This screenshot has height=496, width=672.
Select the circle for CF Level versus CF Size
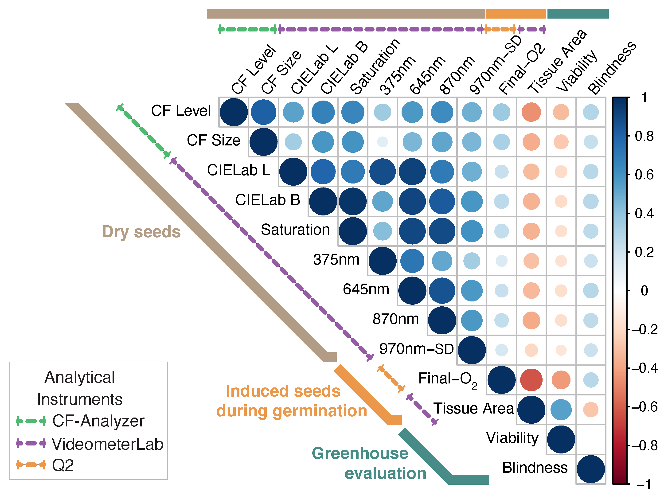(x=263, y=112)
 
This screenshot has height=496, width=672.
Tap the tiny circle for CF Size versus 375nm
(x=382, y=142)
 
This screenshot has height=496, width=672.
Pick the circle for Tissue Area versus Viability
(x=561, y=410)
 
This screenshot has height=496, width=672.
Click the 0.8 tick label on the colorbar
(x=644, y=136)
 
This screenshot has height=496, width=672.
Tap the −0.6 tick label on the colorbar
(x=644, y=407)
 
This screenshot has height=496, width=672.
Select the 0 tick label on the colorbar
(x=644, y=291)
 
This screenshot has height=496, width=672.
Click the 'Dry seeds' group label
(x=141, y=232)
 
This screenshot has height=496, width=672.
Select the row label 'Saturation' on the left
(x=295, y=230)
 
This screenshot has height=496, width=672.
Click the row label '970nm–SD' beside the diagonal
(x=416, y=349)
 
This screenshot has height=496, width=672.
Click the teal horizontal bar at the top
(x=578, y=14)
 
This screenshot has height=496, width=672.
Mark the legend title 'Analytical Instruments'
(x=80, y=388)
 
